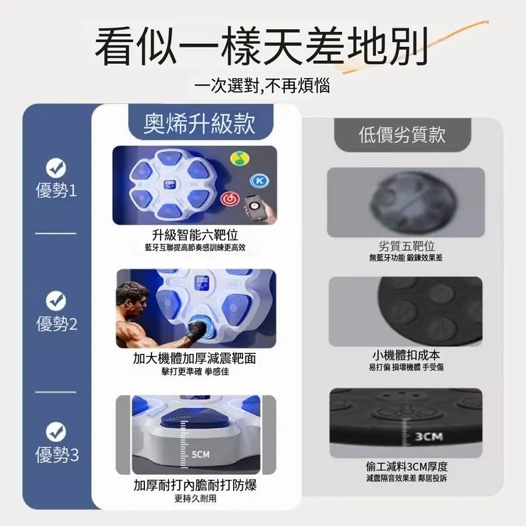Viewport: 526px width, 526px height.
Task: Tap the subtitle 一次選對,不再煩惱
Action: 262,87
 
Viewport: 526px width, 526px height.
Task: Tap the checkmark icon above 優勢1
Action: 56,168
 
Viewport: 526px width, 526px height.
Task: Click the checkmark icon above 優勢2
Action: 56,301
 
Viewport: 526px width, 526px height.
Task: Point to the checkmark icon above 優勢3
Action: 56,431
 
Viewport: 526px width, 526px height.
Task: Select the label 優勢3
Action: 56,456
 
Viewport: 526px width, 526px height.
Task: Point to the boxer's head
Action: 129,294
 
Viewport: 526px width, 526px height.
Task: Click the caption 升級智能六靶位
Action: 194,235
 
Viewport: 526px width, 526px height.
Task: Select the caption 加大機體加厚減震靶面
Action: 194,358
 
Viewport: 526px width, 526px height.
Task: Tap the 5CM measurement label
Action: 201,454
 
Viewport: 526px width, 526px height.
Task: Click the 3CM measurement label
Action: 429,436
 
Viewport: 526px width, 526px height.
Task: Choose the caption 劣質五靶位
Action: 406,246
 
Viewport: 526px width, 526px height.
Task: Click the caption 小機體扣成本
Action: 406,354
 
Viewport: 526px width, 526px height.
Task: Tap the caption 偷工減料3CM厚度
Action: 406,467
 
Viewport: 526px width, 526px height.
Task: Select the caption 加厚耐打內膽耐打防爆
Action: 194,485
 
